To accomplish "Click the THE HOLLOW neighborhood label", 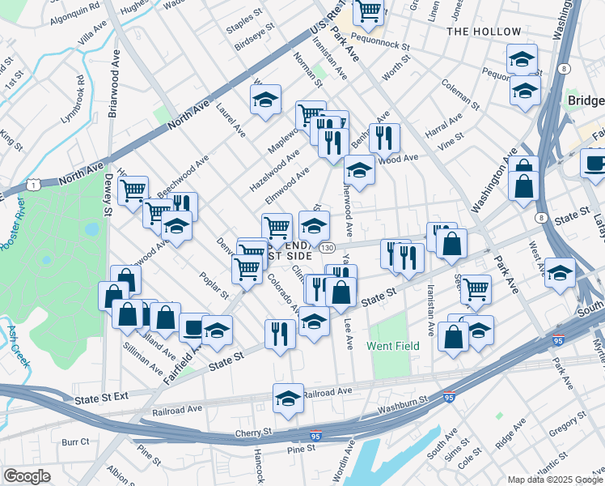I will (x=484, y=32).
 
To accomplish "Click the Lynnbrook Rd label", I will (x=73, y=98).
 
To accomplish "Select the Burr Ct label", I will (x=75, y=442).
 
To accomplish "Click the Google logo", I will (x=27, y=475).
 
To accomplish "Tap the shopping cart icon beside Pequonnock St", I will (x=368, y=11).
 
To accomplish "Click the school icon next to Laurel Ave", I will (x=265, y=99).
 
